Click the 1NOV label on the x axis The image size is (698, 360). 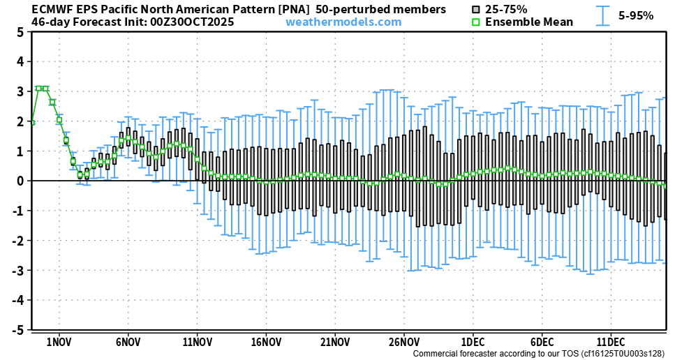coord(59,343)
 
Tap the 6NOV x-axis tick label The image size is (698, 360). coord(128,343)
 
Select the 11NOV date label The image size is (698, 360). coord(197,343)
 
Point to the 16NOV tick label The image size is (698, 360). coord(266,343)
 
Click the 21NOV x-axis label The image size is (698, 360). coord(335,343)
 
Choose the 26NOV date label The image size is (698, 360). coord(404,343)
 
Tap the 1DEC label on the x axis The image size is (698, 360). coord(473,343)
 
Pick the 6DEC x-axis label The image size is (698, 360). coord(542,343)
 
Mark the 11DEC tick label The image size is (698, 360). coord(611,343)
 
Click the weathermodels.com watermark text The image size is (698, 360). coord(343,22)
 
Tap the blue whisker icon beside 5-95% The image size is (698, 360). coord(602,15)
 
